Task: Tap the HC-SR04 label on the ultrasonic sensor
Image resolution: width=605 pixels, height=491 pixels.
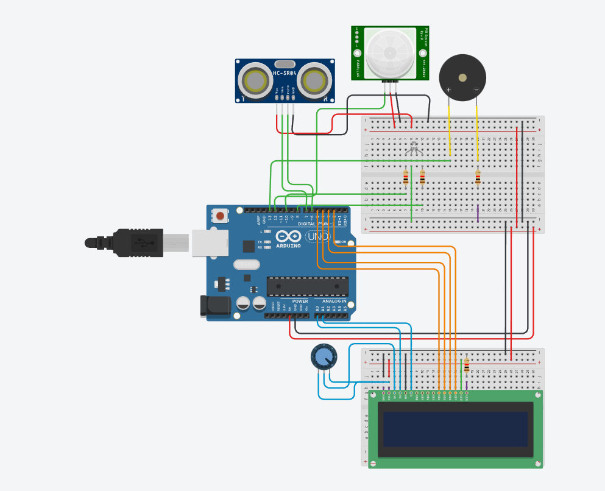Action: (x=285, y=74)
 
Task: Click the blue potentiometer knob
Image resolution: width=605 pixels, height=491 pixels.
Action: (x=323, y=357)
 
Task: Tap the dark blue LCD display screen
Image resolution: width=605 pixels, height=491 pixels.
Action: (x=455, y=429)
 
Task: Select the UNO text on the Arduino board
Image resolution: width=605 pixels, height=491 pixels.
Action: (x=317, y=236)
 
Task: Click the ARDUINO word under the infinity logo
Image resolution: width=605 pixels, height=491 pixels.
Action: (x=288, y=245)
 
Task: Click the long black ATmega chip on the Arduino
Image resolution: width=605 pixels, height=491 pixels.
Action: (x=308, y=286)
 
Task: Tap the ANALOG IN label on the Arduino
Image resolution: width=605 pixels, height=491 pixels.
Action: (x=334, y=301)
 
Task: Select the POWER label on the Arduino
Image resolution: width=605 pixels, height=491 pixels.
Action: (x=300, y=301)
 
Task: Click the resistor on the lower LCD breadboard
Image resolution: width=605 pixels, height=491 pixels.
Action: (x=467, y=365)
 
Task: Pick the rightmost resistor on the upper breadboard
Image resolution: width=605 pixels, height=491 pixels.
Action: (x=478, y=177)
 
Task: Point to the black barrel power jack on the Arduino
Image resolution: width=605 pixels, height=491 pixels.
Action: (x=213, y=306)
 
